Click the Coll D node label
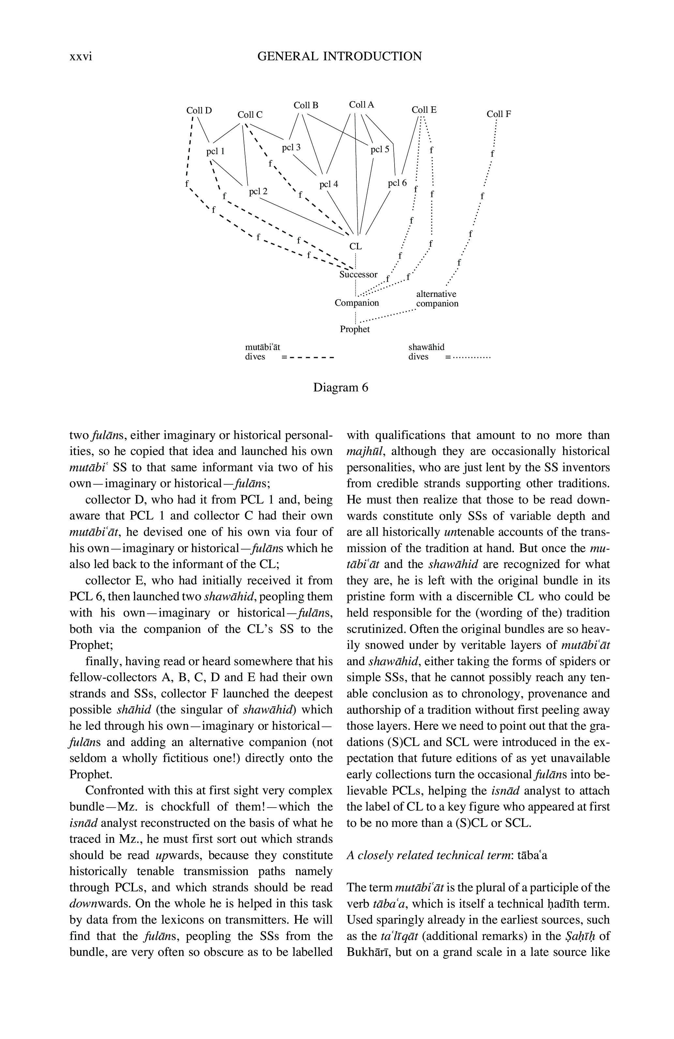(199, 110)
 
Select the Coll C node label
(250, 115)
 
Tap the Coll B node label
(306, 105)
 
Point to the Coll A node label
(361, 105)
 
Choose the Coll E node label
(424, 110)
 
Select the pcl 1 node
(215, 152)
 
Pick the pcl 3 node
(291, 148)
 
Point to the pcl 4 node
(328, 184)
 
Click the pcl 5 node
(379, 150)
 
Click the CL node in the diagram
(355, 246)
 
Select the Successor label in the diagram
(358, 275)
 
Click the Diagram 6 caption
(341, 388)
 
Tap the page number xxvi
(81, 57)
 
